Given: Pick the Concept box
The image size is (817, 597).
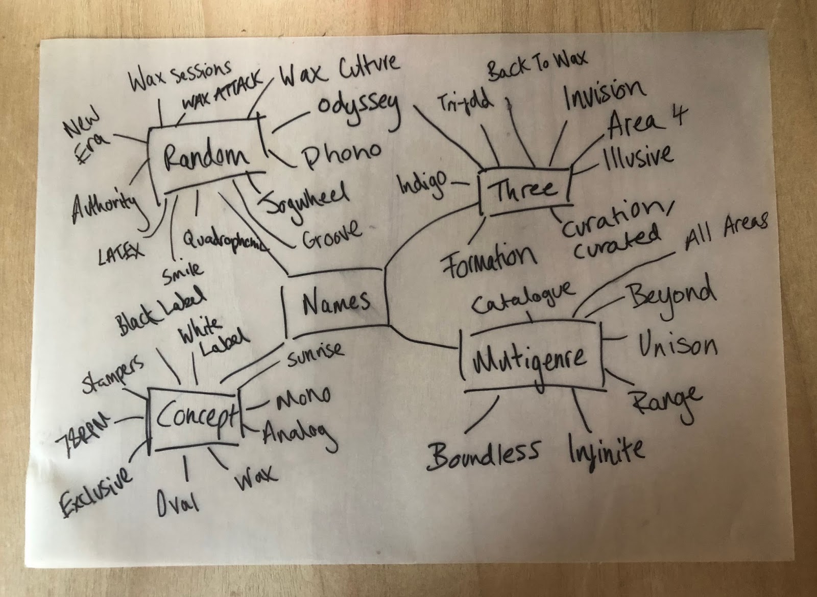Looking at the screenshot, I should [194, 417].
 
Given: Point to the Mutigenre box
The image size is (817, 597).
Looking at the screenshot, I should [531, 358].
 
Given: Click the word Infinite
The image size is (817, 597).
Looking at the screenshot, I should [606, 450].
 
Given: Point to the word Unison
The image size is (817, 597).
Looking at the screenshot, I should [677, 345].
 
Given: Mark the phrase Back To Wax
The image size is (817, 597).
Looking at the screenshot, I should [537, 65].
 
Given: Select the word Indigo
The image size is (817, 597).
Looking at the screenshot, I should [422, 184].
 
